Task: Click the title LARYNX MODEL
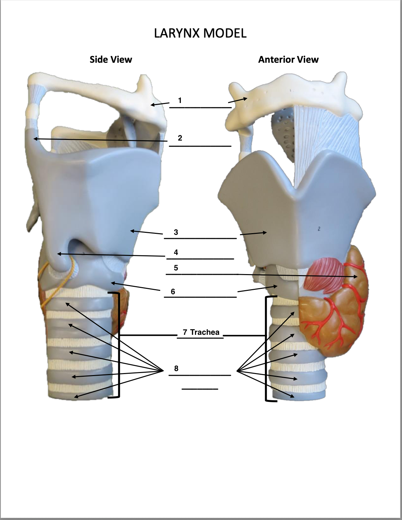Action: coord(200,33)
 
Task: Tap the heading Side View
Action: coord(111,60)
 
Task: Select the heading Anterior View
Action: coord(288,60)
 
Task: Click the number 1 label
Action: coord(180,100)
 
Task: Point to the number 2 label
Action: coord(180,138)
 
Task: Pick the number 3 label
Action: coord(176,232)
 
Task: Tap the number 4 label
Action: coord(176,252)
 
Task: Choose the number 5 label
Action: coord(176,268)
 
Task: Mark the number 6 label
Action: coord(173,292)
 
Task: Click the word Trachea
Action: coord(205,332)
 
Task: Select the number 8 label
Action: coord(176,368)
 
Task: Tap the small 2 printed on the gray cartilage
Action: coord(319,229)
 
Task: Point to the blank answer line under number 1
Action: coord(200,108)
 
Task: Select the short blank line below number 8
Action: coord(200,389)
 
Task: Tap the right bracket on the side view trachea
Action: coord(118,346)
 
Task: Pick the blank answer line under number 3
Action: coord(200,239)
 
